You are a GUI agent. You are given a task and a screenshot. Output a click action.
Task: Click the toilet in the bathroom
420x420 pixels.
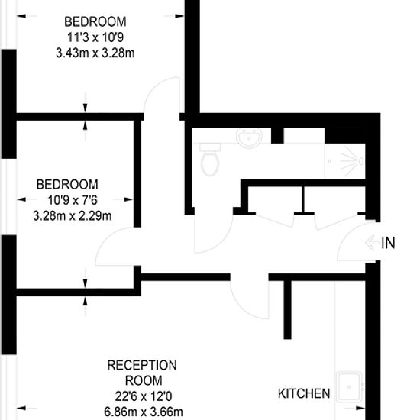click(x=210, y=160)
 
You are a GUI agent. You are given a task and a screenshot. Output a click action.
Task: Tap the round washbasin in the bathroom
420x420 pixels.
click(x=249, y=138)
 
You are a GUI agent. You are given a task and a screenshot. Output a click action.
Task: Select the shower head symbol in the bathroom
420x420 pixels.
click(x=353, y=161)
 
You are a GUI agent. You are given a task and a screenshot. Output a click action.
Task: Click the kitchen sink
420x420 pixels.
click(x=349, y=387)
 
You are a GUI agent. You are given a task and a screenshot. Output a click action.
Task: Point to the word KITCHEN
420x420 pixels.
click(x=304, y=393)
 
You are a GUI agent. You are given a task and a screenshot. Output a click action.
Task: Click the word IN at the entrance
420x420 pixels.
click(x=388, y=243)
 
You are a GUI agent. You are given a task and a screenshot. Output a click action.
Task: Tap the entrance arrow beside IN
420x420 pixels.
click(x=373, y=243)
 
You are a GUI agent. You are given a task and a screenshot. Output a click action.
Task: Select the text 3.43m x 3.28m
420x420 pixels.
click(x=95, y=53)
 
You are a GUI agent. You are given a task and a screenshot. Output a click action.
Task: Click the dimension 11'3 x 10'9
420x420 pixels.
click(x=95, y=37)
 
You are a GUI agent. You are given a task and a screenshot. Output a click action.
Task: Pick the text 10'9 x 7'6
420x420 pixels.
click(x=73, y=200)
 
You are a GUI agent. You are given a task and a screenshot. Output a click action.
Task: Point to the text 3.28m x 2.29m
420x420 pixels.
click(x=73, y=215)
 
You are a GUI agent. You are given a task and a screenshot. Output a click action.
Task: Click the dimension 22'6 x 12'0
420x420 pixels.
click(x=144, y=396)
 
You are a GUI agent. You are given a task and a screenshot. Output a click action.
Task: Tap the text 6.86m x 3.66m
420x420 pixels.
click(x=144, y=412)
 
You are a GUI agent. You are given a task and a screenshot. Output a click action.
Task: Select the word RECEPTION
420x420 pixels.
click(x=142, y=365)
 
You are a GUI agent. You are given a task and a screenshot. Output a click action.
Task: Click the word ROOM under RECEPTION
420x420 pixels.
click(x=144, y=380)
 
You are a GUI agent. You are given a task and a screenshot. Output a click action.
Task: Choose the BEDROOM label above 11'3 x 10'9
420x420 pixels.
click(x=95, y=21)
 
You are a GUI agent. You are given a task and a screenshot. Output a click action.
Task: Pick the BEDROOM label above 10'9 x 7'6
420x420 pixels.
click(x=67, y=185)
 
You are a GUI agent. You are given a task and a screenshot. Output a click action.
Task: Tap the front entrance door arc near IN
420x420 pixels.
click(x=345, y=236)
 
